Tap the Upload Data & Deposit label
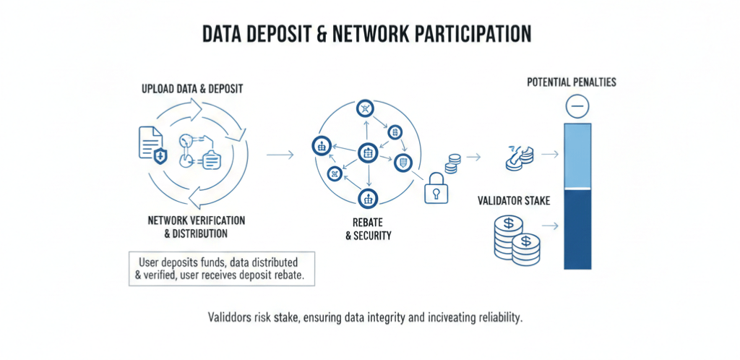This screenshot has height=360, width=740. (192, 89)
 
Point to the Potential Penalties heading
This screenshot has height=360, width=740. (572, 82)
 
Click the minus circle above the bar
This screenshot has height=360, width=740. (578, 108)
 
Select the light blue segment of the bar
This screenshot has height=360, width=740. (578, 155)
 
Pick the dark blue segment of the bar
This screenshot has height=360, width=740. (578, 228)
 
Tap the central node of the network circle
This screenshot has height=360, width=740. (368, 153)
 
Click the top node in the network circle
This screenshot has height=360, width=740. (366, 109)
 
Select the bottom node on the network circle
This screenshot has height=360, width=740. (368, 198)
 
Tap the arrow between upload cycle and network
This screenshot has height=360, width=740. (280, 155)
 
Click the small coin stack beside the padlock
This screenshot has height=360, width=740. (453, 163)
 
